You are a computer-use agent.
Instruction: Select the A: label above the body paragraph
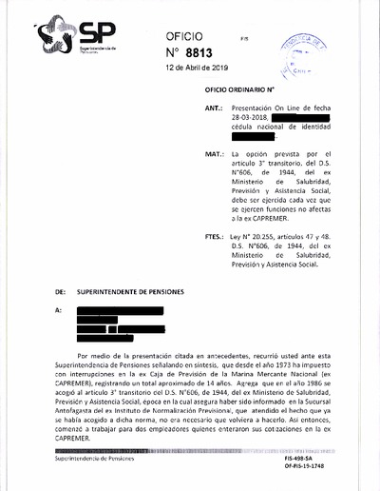click(x=59, y=310)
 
